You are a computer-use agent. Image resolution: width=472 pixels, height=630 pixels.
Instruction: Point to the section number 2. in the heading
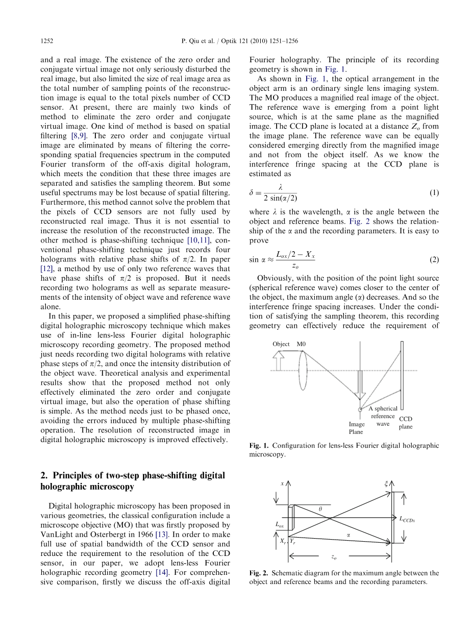pyautogui.click(x=45, y=475)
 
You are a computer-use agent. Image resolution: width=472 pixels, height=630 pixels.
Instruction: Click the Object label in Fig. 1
pyautogui.click(x=281, y=344)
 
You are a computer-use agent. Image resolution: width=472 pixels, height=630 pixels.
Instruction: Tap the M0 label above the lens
pyautogui.click(x=301, y=344)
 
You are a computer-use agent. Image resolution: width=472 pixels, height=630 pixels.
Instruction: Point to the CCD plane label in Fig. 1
pyautogui.click(x=406, y=423)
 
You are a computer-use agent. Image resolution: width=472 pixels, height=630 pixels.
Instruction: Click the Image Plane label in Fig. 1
pyautogui.click(x=356, y=428)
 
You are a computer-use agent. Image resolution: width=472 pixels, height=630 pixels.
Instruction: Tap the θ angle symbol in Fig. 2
pyautogui.click(x=320, y=509)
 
